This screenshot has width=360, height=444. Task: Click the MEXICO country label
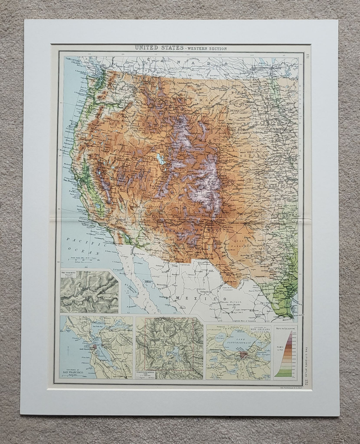tap(194, 297)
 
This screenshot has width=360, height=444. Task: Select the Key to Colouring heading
tap(287, 327)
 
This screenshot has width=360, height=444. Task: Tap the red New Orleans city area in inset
tap(243, 355)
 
